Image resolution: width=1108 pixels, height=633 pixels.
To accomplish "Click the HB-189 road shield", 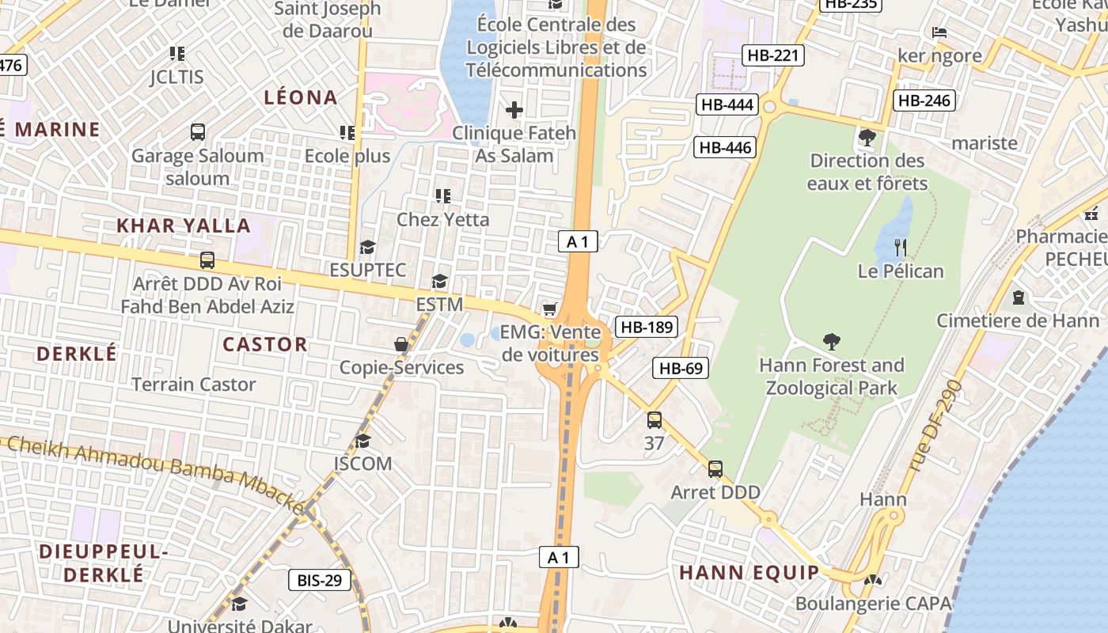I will [647, 327].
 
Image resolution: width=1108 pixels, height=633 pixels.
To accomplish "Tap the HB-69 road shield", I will [681, 368].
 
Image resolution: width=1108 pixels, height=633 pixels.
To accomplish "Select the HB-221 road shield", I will [773, 55].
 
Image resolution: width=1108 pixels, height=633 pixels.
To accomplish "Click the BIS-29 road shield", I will [319, 580].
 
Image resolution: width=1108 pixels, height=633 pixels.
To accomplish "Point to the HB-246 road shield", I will [924, 100].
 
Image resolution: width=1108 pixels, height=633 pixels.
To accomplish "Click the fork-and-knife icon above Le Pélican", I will [900, 248].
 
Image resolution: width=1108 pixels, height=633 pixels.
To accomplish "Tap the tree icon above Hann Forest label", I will [831, 342].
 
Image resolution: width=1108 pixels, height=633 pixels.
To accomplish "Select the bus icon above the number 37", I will [654, 420].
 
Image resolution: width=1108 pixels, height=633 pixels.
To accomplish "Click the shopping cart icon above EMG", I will [549, 309].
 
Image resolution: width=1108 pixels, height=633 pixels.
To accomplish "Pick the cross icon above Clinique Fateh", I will [514, 110].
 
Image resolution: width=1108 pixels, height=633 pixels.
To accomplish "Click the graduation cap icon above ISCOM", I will [362, 441].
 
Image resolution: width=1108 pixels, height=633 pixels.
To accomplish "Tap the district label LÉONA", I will [301, 97].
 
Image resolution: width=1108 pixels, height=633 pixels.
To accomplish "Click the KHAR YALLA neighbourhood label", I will [184, 226].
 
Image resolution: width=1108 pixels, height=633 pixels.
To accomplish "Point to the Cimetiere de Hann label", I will [1018, 320].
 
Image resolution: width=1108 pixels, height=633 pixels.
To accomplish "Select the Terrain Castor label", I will [194, 385].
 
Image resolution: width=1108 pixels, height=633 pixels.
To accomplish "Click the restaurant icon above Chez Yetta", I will [442, 195].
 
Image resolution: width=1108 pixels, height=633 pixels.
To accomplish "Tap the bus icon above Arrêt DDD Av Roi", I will [207, 260].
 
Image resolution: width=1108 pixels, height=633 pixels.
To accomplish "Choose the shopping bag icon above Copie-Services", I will [401, 344].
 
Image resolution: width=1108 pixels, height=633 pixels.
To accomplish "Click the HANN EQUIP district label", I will [749, 572].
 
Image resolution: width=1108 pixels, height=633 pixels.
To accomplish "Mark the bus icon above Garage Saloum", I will [198, 132].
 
